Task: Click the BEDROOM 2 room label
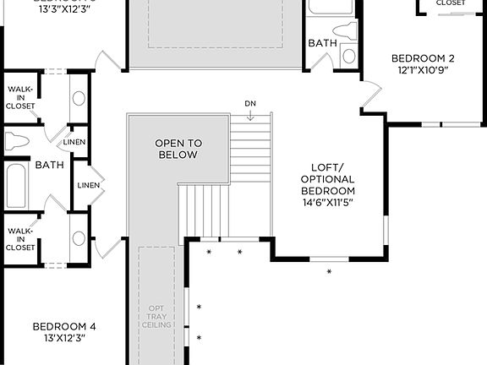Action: click(x=423, y=58)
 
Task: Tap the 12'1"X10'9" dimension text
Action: click(x=423, y=71)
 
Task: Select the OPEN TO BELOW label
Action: click(x=178, y=149)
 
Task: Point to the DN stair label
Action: click(x=250, y=103)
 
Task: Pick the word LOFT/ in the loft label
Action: click(x=327, y=166)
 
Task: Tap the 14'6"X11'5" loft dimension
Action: click(x=327, y=202)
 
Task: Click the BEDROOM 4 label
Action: click(x=64, y=326)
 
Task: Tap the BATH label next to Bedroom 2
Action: click(x=322, y=42)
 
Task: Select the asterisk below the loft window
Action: click(x=330, y=271)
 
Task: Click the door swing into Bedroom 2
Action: click(x=370, y=97)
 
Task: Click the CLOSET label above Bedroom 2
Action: click(x=450, y=3)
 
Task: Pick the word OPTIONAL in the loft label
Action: click(x=327, y=178)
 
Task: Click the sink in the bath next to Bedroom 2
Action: click(x=348, y=56)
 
